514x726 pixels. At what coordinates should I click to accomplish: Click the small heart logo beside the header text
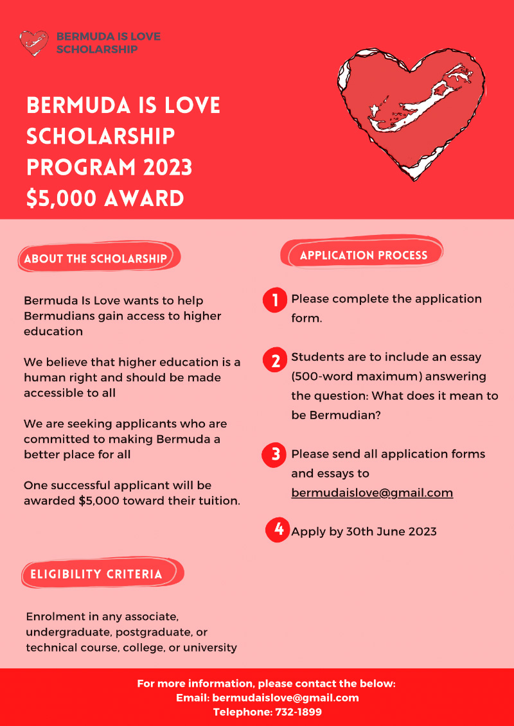coord(33,43)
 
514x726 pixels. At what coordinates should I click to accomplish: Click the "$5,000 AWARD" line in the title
coord(105,198)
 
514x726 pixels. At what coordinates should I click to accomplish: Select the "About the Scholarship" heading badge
coord(96,259)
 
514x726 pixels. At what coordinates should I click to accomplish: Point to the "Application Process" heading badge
coord(363,255)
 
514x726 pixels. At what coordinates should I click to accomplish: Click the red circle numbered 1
coord(275,300)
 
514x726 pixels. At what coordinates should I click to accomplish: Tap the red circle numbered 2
coord(275,360)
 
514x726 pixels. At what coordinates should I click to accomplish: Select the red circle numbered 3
coord(275,454)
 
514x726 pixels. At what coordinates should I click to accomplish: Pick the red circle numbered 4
coord(278,530)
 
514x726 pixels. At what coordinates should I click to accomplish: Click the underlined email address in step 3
coord(372,493)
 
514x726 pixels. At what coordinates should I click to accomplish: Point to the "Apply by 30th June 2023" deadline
coord(364,532)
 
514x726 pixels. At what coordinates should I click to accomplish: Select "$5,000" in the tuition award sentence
coord(98,501)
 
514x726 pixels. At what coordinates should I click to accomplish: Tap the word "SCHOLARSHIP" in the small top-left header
coord(97,49)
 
